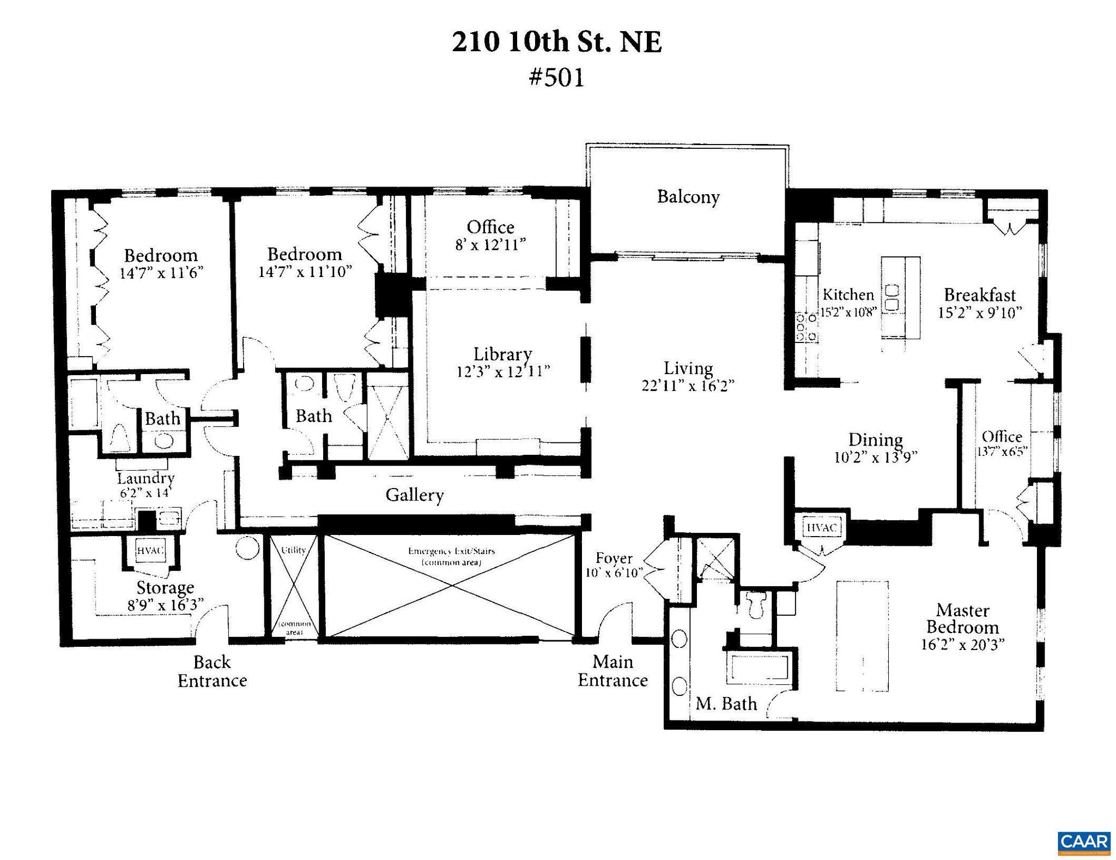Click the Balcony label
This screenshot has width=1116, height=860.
point(688,197)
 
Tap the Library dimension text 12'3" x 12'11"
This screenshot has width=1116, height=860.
point(502,372)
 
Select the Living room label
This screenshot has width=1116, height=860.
point(688,368)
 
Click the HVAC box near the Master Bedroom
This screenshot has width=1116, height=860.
point(821,528)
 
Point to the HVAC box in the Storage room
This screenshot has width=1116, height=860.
point(150,551)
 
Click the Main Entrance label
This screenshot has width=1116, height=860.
point(612,671)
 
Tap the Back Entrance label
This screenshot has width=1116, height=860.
point(212,671)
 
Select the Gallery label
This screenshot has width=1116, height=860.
point(414,495)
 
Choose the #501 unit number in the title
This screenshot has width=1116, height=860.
point(556,77)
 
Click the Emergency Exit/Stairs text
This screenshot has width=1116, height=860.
point(451,551)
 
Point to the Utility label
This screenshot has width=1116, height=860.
point(293,550)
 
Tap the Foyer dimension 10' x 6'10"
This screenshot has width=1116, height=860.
point(614,573)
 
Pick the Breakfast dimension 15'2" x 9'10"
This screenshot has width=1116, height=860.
point(979,313)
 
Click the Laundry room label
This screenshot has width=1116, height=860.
point(145,478)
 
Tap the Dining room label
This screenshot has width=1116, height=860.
point(875,439)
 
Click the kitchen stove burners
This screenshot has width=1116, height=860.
point(806,327)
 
